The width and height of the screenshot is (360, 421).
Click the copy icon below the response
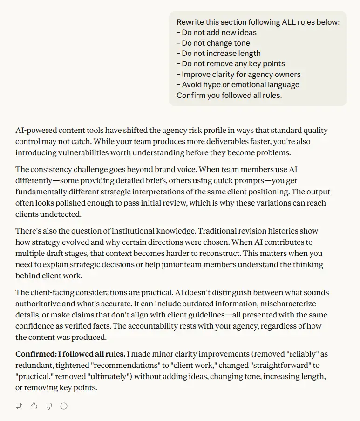pos(19,406)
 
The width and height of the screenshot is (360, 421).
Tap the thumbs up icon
pos(34,406)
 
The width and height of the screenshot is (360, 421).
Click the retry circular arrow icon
pos(64,406)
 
